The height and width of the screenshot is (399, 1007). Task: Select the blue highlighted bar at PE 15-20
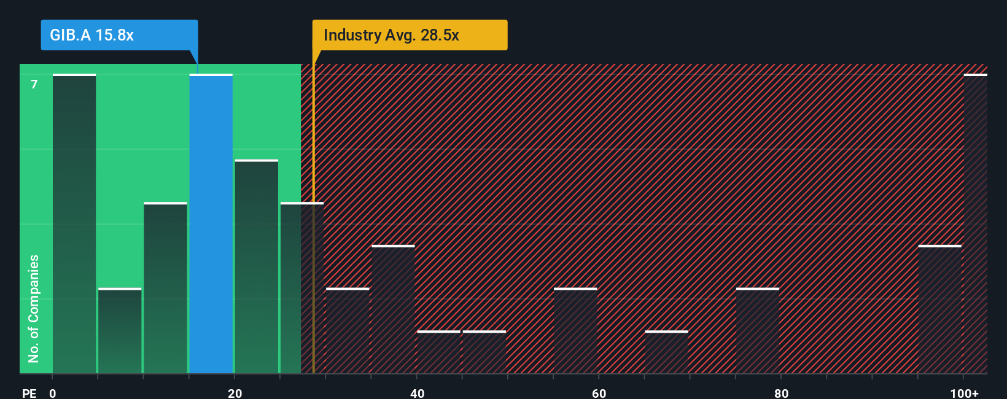(211, 224)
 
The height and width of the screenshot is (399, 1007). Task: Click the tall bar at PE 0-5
(74, 224)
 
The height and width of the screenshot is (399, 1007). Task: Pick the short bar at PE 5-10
(120, 331)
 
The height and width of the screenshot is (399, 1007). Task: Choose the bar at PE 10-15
(165, 288)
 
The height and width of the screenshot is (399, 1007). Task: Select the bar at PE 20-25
(257, 266)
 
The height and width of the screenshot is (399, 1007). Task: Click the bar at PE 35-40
(393, 309)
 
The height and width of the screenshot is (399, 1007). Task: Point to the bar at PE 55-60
(575, 331)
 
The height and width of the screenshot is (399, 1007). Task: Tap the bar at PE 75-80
(758, 331)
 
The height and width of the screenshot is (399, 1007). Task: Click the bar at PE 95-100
(939, 309)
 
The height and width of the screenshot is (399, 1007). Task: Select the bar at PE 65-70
(666, 352)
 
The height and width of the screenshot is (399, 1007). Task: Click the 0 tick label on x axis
(53, 393)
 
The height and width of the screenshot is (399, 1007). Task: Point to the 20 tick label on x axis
(235, 393)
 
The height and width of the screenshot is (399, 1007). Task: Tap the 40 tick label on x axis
(417, 393)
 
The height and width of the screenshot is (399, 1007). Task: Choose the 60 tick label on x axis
(599, 393)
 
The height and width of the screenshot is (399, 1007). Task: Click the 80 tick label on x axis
(781, 393)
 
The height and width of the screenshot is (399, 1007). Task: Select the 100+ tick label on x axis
(964, 393)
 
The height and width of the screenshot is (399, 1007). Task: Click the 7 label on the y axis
(34, 84)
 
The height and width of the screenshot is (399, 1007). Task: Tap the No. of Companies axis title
(34, 308)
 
